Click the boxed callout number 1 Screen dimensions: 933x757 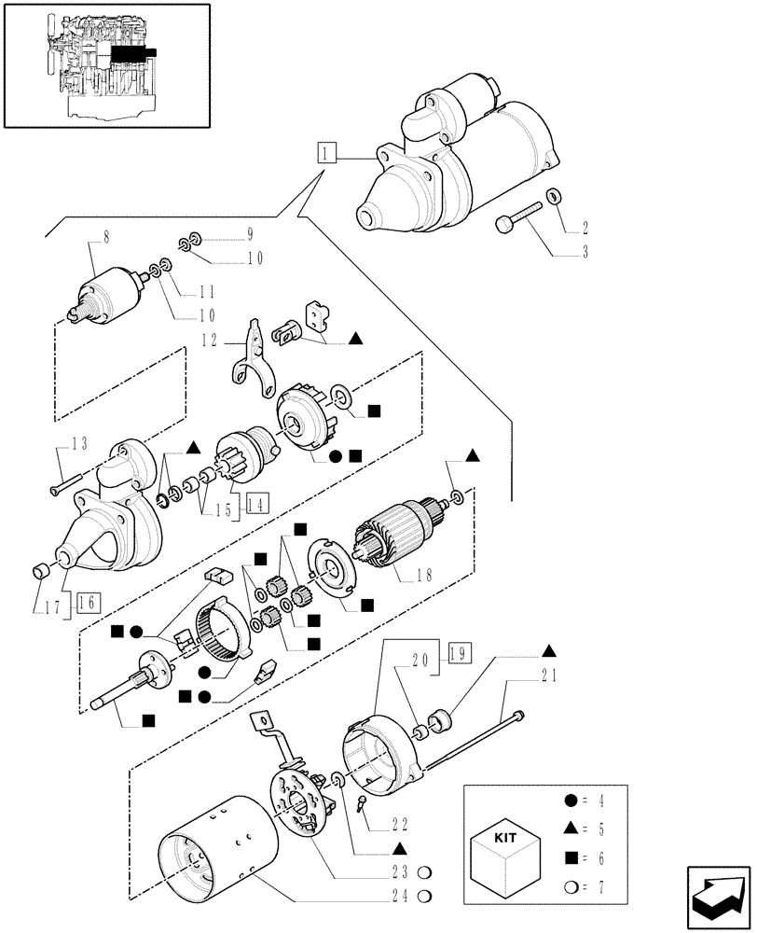point(323,153)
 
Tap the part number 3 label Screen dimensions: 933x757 point(584,251)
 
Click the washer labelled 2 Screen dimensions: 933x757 point(554,197)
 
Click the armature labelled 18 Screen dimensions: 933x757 point(396,535)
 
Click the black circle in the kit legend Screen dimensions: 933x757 point(569,800)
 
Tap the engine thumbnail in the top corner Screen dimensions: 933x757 point(106,64)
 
